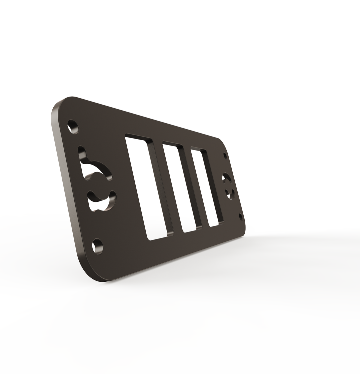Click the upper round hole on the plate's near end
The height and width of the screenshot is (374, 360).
tap(73, 127)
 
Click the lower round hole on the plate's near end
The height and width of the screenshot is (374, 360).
tap(98, 246)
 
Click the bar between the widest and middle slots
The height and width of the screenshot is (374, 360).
tap(166, 187)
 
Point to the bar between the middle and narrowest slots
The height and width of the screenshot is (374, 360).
tap(195, 187)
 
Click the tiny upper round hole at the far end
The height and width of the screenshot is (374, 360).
tap(225, 156)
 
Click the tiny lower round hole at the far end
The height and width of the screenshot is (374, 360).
tap(241, 216)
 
